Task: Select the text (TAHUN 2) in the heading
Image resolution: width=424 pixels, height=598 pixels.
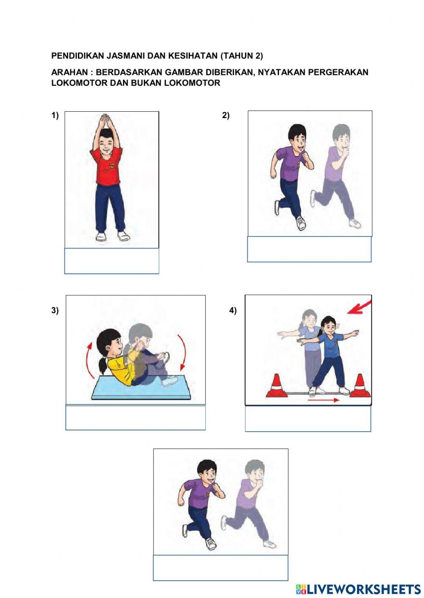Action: point(242,56)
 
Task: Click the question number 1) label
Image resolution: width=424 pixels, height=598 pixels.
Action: point(55,116)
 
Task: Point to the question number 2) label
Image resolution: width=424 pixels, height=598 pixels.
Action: point(226,116)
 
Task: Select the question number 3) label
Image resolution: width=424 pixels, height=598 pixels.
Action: point(55,311)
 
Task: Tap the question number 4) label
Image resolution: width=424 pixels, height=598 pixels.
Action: point(233,311)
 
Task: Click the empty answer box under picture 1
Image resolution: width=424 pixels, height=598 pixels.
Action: point(112,261)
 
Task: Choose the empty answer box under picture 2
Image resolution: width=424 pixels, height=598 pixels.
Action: point(309,249)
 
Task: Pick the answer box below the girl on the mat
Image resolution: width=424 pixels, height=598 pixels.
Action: point(135,418)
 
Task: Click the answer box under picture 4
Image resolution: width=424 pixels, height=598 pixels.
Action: point(308,419)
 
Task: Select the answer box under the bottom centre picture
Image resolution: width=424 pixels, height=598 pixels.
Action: point(220,568)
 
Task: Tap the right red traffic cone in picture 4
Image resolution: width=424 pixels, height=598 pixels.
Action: point(360,386)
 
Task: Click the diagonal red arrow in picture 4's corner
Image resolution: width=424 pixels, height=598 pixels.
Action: point(359,307)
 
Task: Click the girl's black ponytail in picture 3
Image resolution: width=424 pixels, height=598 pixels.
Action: point(102,364)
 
